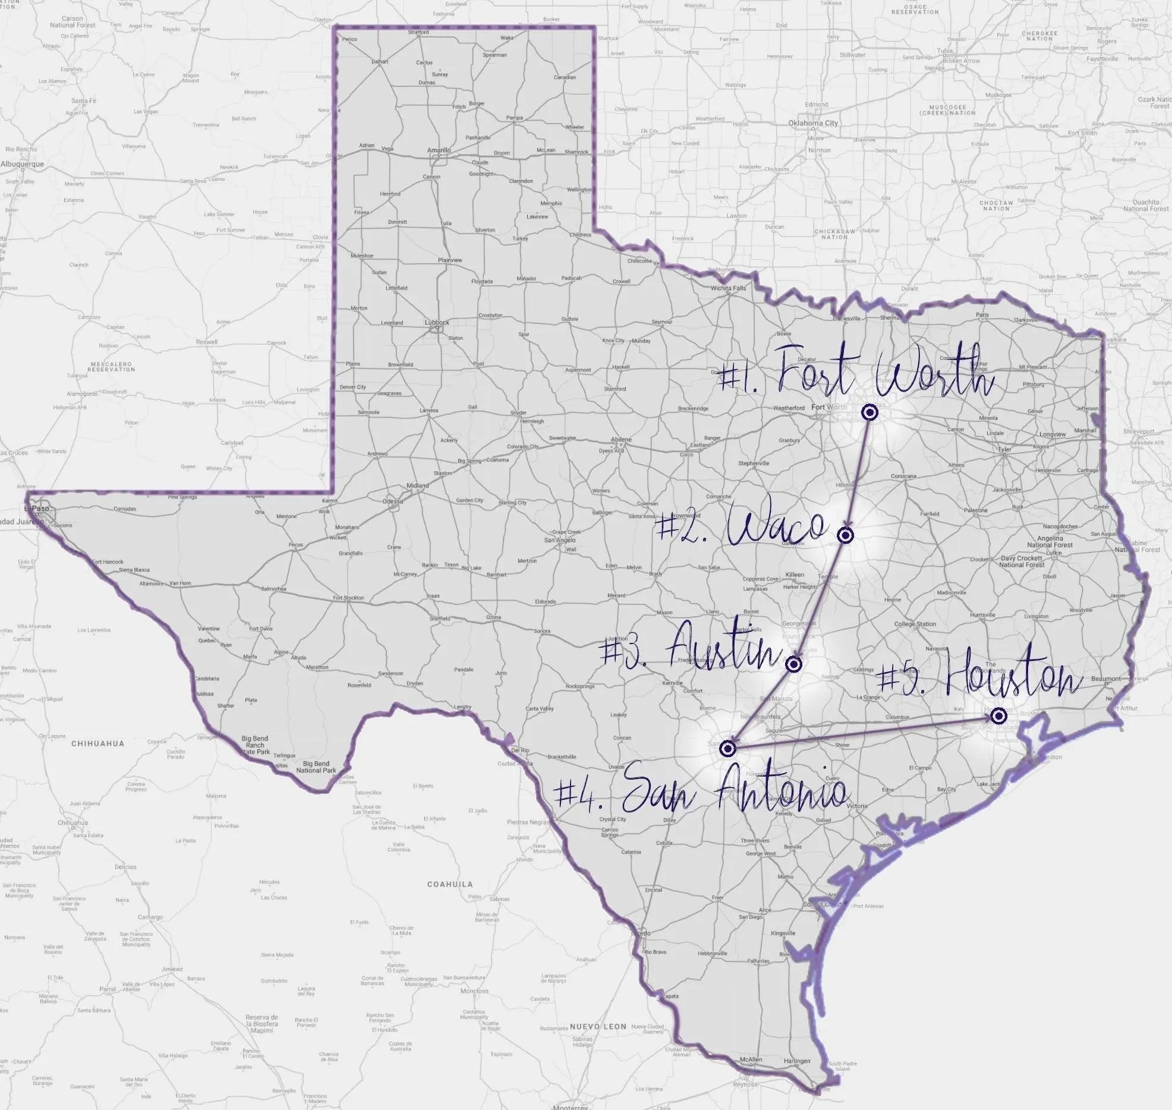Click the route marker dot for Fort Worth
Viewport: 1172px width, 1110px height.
coord(869,412)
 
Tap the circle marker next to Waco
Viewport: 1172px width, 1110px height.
coord(846,536)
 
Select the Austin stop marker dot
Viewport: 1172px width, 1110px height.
coord(794,664)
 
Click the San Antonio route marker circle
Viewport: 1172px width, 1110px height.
coord(727,748)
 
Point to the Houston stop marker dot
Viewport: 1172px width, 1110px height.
coord(999,715)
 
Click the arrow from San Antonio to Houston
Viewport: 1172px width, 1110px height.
coord(862,731)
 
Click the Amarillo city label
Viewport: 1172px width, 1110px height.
coord(439,150)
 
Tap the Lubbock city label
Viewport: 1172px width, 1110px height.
coord(437,323)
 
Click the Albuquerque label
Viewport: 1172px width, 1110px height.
coord(22,164)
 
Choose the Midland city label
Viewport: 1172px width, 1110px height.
coord(417,485)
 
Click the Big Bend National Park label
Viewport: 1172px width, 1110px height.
coord(316,767)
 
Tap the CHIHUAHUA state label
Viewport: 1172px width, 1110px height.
coord(97,743)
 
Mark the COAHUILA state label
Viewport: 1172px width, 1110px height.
coord(450,884)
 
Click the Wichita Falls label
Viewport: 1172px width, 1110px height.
coord(728,288)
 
